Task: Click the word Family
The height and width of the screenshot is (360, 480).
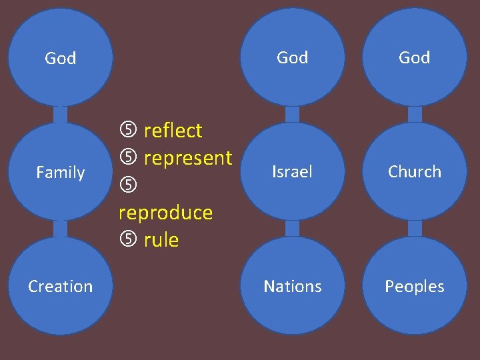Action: point(60,173)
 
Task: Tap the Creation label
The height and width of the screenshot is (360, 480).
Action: point(60,287)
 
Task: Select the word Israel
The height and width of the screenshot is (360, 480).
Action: point(292,172)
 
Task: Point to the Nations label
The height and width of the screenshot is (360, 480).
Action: point(292,287)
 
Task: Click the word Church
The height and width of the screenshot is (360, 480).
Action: point(415,172)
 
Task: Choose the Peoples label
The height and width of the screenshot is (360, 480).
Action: point(415,287)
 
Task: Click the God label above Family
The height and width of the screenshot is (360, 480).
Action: point(60,59)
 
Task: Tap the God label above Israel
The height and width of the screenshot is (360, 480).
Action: point(292,58)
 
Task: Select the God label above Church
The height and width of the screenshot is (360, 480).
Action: point(415,58)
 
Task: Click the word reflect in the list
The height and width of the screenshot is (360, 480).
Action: point(173,131)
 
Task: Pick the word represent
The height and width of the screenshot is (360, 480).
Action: point(188,158)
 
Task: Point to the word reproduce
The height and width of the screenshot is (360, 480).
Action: point(165,213)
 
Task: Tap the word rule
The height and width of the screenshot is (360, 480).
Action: point(161,240)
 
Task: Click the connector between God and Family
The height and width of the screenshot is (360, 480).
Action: point(60,115)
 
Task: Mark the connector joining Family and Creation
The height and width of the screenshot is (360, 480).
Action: point(60,229)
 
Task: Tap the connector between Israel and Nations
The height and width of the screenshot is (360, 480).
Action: point(292,229)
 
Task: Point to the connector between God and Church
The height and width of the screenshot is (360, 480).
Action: point(415,114)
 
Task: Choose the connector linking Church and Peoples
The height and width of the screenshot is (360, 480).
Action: point(415,229)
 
